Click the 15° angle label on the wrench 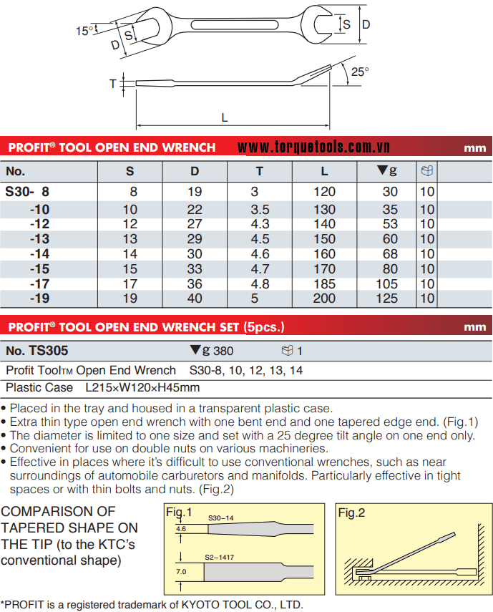pos(85,31)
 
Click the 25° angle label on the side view pos(360,72)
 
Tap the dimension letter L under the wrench pos(224,117)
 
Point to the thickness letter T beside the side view pos(112,84)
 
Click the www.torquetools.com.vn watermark pos(313,147)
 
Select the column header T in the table pos(260,171)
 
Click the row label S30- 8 pos(28,192)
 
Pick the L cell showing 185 pos(324,283)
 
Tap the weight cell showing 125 pos(387,298)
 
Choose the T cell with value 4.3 pos(260,224)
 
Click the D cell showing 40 pos(195,298)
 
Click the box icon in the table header pos(427,171)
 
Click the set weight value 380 pos(223,351)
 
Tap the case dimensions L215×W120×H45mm pos(142,387)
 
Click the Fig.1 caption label pos(179,513)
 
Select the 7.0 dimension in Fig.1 pos(181,572)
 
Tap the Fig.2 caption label pos(352,513)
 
